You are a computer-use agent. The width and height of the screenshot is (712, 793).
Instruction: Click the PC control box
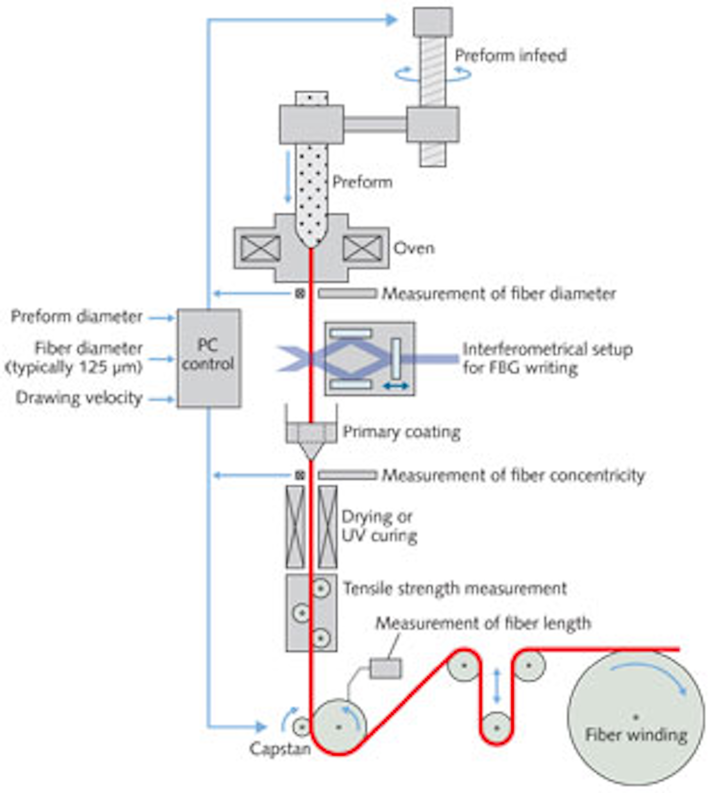pyautogui.click(x=209, y=358)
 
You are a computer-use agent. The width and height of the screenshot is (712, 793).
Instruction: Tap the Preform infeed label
pyautogui.click(x=510, y=55)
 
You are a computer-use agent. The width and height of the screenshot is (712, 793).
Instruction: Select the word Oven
pyautogui.click(x=414, y=248)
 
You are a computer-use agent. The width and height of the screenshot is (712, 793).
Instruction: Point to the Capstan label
pyautogui.click(x=280, y=749)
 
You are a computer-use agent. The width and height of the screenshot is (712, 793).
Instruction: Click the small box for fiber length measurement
pyautogui.click(x=386, y=669)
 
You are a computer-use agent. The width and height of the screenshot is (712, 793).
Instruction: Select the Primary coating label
pyautogui.click(x=401, y=432)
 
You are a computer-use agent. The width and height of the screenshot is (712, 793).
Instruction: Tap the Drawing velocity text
pyautogui.click(x=79, y=398)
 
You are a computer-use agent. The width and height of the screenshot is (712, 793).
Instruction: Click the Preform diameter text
pyautogui.click(x=77, y=316)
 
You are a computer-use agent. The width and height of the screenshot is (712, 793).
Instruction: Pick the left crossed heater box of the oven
pyautogui.click(x=261, y=248)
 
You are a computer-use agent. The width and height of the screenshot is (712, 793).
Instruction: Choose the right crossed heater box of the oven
pyautogui.click(x=362, y=248)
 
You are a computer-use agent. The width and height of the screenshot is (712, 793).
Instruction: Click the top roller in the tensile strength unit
pyautogui.click(x=321, y=588)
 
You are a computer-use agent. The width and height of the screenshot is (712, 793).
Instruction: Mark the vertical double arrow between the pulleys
pyautogui.click(x=497, y=686)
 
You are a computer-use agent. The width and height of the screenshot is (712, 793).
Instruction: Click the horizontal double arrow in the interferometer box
pyautogui.click(x=396, y=386)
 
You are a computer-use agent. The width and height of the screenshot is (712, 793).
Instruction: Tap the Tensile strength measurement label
pyautogui.click(x=454, y=588)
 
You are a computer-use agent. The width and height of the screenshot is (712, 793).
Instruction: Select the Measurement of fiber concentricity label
pyautogui.click(x=513, y=475)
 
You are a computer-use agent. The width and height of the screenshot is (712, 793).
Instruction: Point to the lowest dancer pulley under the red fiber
pyautogui.click(x=497, y=727)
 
